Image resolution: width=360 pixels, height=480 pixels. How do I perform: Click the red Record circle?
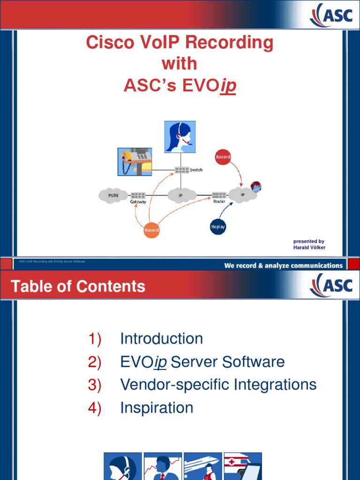pos(223,157)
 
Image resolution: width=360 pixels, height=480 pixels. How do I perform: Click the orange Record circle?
pos(151,230)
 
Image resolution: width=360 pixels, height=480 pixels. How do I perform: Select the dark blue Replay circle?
pos(218,227)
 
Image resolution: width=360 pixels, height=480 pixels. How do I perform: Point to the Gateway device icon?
pos(138,195)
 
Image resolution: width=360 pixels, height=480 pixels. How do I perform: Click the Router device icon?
pos(219,195)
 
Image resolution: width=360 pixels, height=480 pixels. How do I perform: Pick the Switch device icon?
pos(181,170)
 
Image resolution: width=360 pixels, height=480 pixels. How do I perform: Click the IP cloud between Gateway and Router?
pos(181,195)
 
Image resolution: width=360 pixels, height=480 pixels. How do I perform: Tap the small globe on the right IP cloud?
pos(256,187)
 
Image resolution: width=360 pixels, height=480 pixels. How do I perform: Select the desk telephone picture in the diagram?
pos(135,162)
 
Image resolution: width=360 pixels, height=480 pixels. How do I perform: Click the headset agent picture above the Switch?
pos(180,136)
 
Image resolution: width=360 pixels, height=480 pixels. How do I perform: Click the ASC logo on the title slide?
pos(331,15)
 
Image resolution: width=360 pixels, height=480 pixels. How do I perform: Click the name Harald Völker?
pos(309,247)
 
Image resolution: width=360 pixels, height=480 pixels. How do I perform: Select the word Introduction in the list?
pos(161,338)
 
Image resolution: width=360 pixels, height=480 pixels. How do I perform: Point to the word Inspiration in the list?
pos(157,408)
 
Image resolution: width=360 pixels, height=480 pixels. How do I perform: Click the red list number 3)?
pos(95,385)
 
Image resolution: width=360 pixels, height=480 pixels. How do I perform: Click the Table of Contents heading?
pos(78,286)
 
